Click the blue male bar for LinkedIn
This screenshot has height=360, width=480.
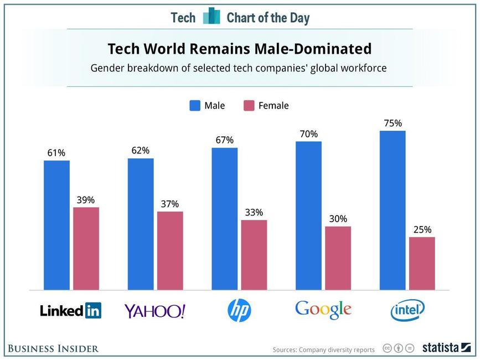(x=56, y=225)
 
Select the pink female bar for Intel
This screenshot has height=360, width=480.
(x=422, y=263)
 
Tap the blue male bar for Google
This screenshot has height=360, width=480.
(x=308, y=215)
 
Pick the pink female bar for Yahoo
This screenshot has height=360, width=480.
(x=170, y=250)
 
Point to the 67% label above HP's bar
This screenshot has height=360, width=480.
(x=225, y=140)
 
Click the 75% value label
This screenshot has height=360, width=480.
(x=393, y=124)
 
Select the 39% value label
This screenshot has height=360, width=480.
(x=86, y=200)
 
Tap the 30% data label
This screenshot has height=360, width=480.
(x=338, y=219)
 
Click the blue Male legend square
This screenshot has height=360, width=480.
(x=195, y=105)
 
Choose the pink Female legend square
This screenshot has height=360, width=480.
(x=249, y=105)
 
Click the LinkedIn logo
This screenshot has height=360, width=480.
(x=70, y=311)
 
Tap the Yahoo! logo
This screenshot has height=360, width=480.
(x=154, y=311)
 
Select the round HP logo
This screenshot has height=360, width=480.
(x=239, y=310)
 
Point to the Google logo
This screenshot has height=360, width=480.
(x=323, y=309)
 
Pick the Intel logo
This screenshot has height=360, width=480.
(x=407, y=310)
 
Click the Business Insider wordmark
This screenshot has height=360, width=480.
(x=53, y=348)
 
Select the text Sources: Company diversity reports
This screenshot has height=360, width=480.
(x=323, y=349)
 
